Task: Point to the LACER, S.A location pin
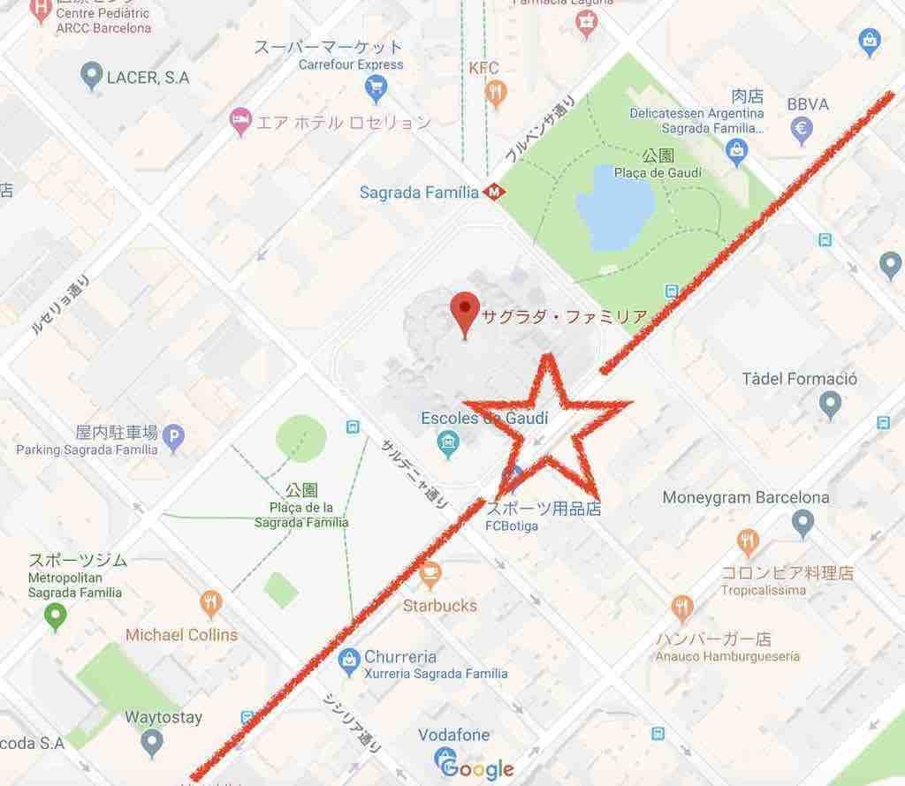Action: click(90, 77)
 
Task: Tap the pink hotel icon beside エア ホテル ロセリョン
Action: click(239, 122)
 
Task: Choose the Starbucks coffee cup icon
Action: click(430, 577)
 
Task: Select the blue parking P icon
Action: click(174, 435)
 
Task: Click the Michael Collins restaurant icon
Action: click(210, 604)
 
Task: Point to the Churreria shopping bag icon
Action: click(350, 658)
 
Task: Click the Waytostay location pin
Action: click(152, 739)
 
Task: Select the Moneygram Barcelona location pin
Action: click(802, 524)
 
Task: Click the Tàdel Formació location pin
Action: click(829, 405)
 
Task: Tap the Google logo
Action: click(476, 767)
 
